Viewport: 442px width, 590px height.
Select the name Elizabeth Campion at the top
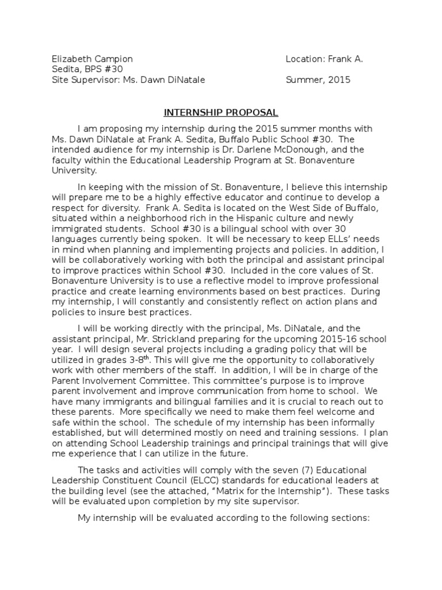point(92,59)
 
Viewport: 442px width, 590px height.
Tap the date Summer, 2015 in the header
point(318,80)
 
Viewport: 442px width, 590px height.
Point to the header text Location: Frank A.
point(325,59)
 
